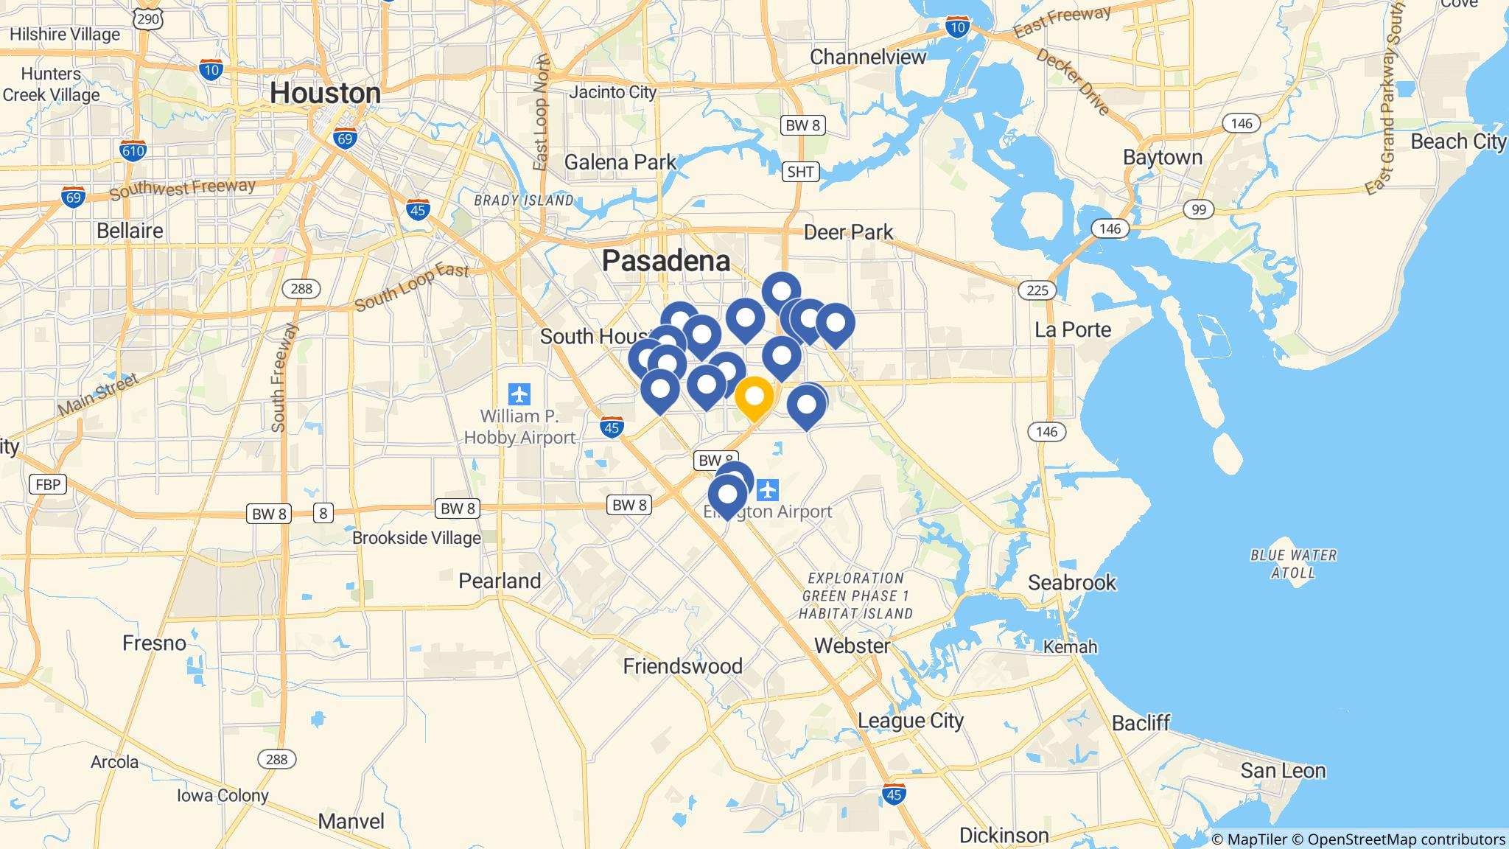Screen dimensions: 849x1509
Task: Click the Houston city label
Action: pyautogui.click(x=325, y=94)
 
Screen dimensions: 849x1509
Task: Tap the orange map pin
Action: pyautogui.click(x=754, y=397)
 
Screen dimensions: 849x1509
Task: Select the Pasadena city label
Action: pyautogui.click(x=666, y=261)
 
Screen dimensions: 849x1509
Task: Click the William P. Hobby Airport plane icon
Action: pyautogui.click(x=520, y=394)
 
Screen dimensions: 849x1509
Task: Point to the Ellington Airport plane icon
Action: pyautogui.click(x=768, y=489)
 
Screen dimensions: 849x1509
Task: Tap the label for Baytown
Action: pyautogui.click(x=1162, y=158)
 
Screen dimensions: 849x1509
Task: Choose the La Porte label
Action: pyautogui.click(x=1072, y=329)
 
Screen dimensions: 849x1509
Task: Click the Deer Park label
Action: pyautogui.click(x=848, y=232)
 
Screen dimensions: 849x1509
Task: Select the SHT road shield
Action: pyautogui.click(x=800, y=172)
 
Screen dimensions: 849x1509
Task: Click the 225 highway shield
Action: pyautogui.click(x=1037, y=290)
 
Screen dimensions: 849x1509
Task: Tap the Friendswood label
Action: pyautogui.click(x=682, y=667)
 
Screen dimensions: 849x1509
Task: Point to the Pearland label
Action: pyautogui.click(x=500, y=581)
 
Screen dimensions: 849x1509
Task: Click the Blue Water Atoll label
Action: pyautogui.click(x=1293, y=564)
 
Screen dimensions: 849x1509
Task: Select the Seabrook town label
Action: pyautogui.click(x=1071, y=583)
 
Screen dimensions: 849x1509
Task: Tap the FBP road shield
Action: pyautogui.click(x=48, y=484)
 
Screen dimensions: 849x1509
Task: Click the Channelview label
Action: pyautogui.click(x=867, y=57)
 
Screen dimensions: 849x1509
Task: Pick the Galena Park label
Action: pyautogui.click(x=620, y=162)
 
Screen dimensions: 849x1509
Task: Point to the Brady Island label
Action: pyautogui.click(x=523, y=200)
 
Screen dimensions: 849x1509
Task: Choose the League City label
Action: pyautogui.click(x=911, y=721)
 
